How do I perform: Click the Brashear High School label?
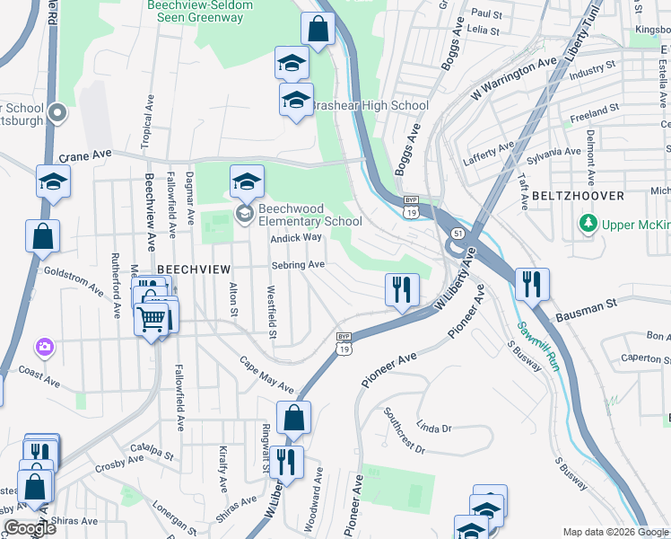[x=370, y=105]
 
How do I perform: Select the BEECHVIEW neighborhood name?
[x=195, y=269]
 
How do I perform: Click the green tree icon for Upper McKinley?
[x=588, y=222]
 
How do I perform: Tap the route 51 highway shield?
[x=457, y=233]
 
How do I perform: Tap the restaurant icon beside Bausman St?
[x=532, y=284]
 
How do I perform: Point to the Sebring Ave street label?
[x=298, y=265]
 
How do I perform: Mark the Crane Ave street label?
[x=88, y=155]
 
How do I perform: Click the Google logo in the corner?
[x=30, y=527]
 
